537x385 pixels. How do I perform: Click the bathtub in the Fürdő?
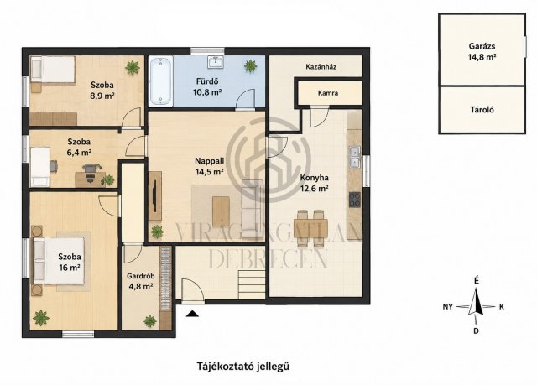point(161,81)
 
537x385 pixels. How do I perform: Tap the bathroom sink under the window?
point(216,62)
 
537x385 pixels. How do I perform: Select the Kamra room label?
point(328,93)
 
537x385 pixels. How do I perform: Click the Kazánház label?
point(321,67)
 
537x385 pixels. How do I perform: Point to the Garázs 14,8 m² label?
point(482,52)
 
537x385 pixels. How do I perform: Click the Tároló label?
point(482,110)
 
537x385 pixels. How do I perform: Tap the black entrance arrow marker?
point(192,313)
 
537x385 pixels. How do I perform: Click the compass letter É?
point(477,281)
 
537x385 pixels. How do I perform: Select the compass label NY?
point(447,307)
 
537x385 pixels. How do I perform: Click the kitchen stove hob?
point(355,200)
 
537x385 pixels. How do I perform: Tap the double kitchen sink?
point(355,157)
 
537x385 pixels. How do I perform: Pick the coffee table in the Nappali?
point(221,211)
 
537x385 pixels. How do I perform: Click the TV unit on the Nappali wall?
point(155,195)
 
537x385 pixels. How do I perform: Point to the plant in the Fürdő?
point(251,65)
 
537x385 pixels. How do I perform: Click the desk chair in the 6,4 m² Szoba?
point(91,171)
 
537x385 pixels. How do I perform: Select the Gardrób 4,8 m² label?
point(140,281)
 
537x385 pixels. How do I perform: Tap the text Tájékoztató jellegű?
point(242,367)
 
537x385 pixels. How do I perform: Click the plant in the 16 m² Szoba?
point(41,318)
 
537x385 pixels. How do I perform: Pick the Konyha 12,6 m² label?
point(315,183)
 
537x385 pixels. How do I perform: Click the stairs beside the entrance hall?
point(252,284)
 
